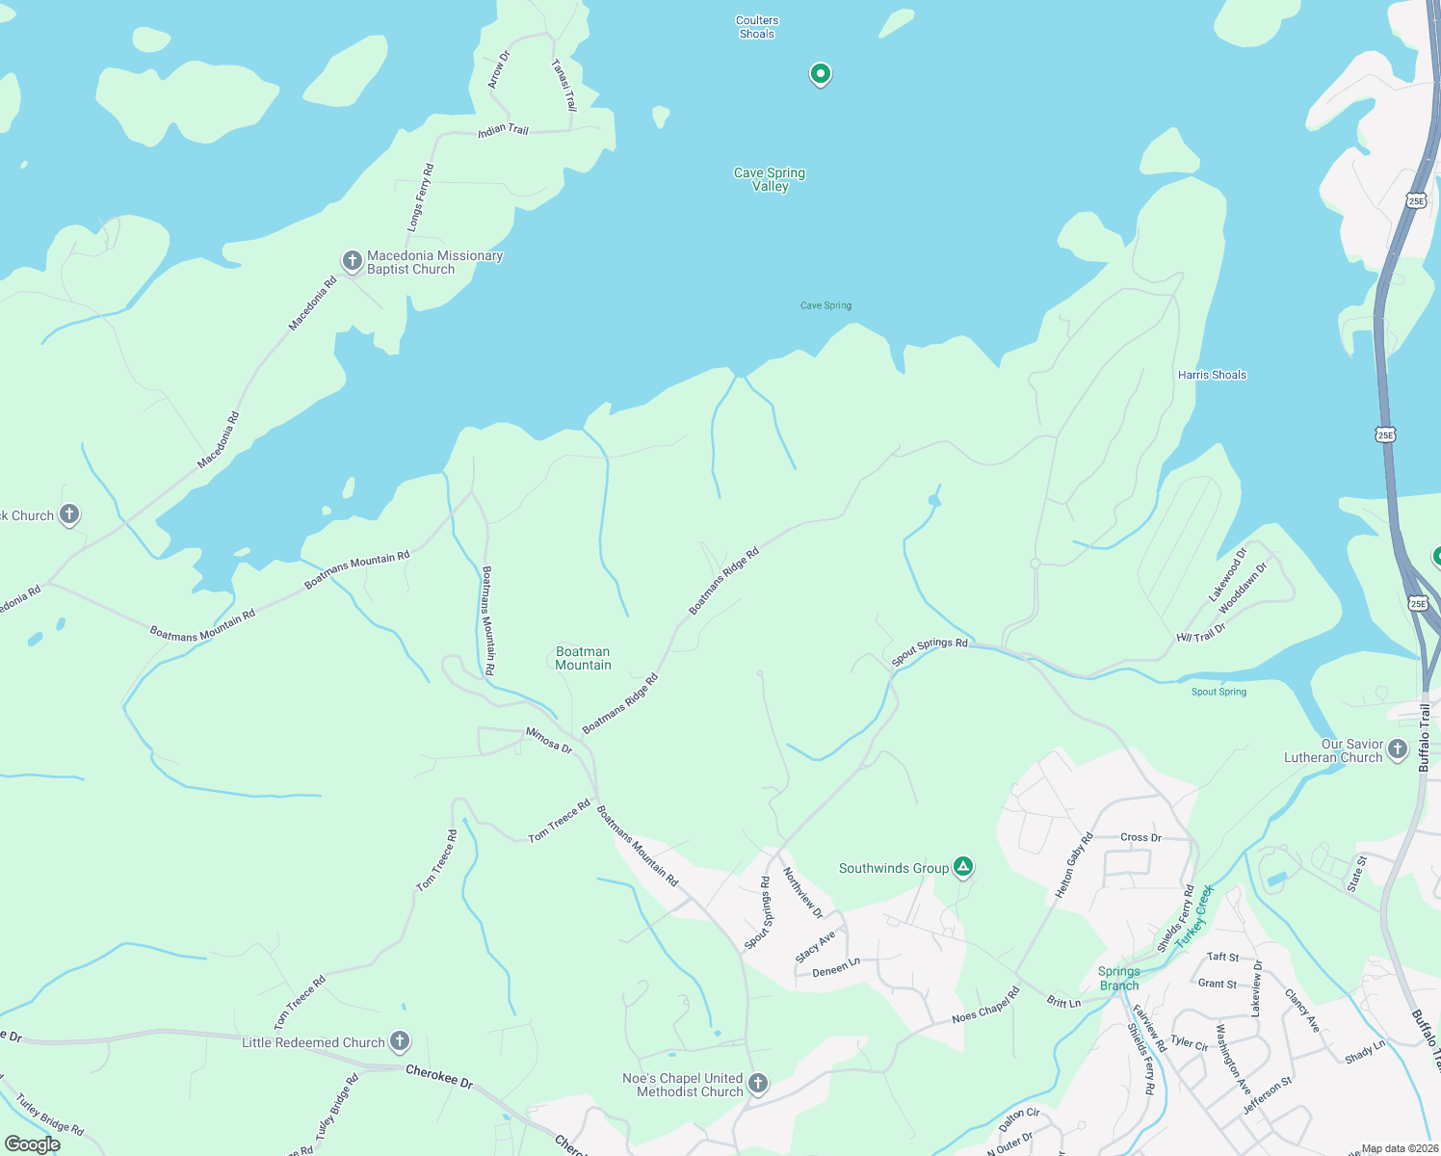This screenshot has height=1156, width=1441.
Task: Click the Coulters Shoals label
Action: (x=757, y=27)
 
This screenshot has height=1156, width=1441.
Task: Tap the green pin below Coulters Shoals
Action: (x=820, y=73)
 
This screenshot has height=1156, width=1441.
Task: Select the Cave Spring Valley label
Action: (x=770, y=179)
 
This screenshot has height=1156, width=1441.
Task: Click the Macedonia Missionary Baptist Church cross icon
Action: (x=353, y=261)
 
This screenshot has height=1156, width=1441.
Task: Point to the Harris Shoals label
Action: (x=1212, y=375)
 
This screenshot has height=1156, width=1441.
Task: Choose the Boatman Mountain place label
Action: (x=583, y=658)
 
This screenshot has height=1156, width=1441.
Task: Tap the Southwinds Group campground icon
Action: (x=962, y=867)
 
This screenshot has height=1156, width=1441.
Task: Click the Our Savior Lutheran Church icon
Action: (x=1398, y=749)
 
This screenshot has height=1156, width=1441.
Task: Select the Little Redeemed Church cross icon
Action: (x=399, y=1041)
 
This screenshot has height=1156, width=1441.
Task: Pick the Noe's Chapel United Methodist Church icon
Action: (x=758, y=1084)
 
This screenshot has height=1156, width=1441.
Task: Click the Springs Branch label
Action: (x=1118, y=978)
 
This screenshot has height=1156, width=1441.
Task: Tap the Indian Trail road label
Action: (x=504, y=130)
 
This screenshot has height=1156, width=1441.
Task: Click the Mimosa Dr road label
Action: (x=549, y=740)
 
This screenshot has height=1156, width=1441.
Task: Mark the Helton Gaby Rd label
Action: (x=1074, y=865)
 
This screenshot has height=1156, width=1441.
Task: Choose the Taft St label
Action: (x=1223, y=957)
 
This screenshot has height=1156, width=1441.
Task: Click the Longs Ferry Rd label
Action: (x=421, y=197)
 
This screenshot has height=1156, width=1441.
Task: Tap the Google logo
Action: (x=33, y=1143)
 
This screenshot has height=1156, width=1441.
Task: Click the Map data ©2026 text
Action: (x=1399, y=1148)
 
